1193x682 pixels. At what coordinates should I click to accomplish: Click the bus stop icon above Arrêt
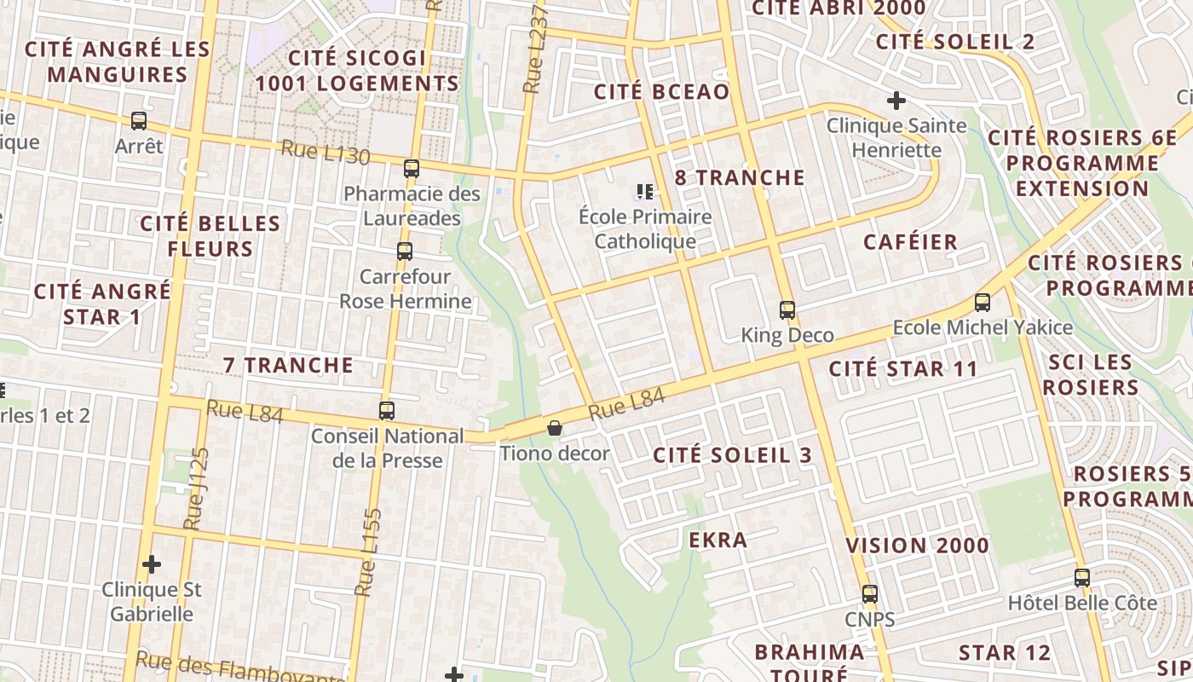[139, 121]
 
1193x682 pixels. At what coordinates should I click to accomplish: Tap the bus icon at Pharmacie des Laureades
[412, 169]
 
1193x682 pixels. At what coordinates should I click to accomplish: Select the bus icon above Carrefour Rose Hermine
[405, 251]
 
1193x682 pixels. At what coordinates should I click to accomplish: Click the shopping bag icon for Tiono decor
[555, 428]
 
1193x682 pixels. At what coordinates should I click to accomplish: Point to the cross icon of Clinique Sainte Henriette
[896, 101]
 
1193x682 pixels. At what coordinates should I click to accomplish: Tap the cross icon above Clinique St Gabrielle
[152, 564]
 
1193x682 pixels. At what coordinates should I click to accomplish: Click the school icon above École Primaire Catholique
[645, 192]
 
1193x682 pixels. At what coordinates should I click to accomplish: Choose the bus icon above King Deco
[787, 309]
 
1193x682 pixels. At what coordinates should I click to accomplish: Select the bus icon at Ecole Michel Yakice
[983, 303]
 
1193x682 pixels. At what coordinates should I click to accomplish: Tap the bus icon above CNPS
[870, 594]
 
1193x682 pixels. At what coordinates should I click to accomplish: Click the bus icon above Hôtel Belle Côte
[1082, 578]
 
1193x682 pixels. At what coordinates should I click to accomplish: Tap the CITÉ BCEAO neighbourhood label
[661, 92]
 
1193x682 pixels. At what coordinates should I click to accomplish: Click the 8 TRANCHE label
[740, 177]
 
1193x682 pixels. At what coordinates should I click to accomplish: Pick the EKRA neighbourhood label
[718, 540]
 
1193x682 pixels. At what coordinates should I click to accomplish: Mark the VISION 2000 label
[918, 546]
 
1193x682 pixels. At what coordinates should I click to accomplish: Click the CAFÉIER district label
[911, 242]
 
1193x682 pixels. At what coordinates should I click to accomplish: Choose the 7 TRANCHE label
[288, 365]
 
